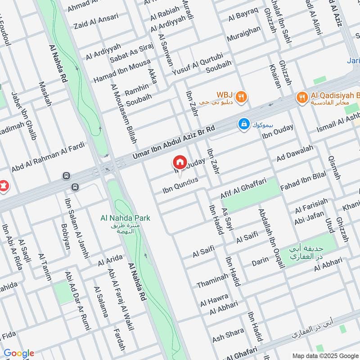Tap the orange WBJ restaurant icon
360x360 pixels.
click(x=242, y=96)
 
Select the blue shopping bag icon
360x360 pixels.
click(x=244, y=124)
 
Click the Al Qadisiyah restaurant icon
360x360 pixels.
click(x=301, y=96)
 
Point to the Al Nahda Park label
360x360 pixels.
click(x=125, y=218)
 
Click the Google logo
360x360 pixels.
click(x=19, y=353)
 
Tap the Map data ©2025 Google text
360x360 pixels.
click(x=325, y=355)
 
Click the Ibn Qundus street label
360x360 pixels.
click(x=180, y=186)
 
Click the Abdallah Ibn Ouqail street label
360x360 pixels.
click(x=272, y=238)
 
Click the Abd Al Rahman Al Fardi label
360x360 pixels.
click(x=49, y=155)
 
